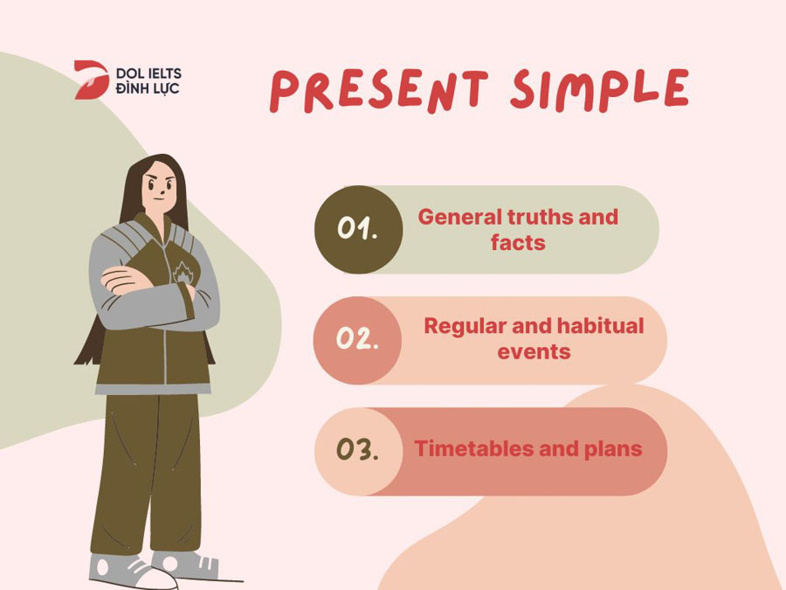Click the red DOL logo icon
click(91, 80)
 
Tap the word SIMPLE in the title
click(600, 89)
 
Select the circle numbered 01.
click(358, 229)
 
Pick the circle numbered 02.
click(357, 340)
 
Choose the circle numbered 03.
click(358, 451)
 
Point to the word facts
click(518, 243)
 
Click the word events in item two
click(534, 352)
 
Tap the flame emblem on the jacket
click(183, 273)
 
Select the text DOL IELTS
click(148, 73)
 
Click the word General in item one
click(459, 217)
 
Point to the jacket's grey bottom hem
click(153, 389)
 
